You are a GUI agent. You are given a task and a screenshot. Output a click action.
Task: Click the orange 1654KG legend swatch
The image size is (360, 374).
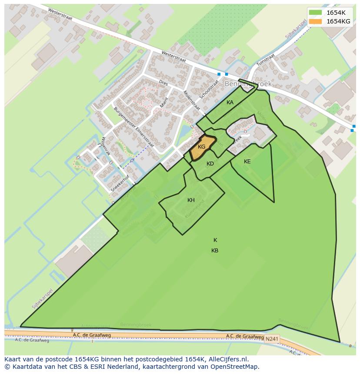click(315, 21)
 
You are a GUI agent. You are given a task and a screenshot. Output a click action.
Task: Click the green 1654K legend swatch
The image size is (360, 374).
click(315, 13)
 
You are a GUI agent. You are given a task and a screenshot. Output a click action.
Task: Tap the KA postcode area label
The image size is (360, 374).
click(230, 103)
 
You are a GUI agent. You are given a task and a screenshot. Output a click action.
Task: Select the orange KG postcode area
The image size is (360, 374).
click(201, 146)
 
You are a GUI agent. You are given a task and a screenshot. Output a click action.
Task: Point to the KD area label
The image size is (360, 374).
click(210, 164)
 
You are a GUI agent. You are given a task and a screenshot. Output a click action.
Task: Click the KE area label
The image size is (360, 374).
click(247, 162)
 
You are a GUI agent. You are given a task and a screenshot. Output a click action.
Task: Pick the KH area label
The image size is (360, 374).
click(191, 200)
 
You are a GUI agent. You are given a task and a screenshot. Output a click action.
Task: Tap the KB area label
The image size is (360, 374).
click(215, 251)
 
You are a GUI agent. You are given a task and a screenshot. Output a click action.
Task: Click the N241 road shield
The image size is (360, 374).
click(271, 338)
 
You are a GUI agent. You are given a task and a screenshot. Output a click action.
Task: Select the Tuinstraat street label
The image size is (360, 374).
click(266, 60)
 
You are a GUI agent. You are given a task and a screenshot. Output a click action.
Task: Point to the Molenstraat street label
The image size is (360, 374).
click(191, 100)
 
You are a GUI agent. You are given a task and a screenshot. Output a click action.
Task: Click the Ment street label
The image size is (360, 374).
click(163, 103)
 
